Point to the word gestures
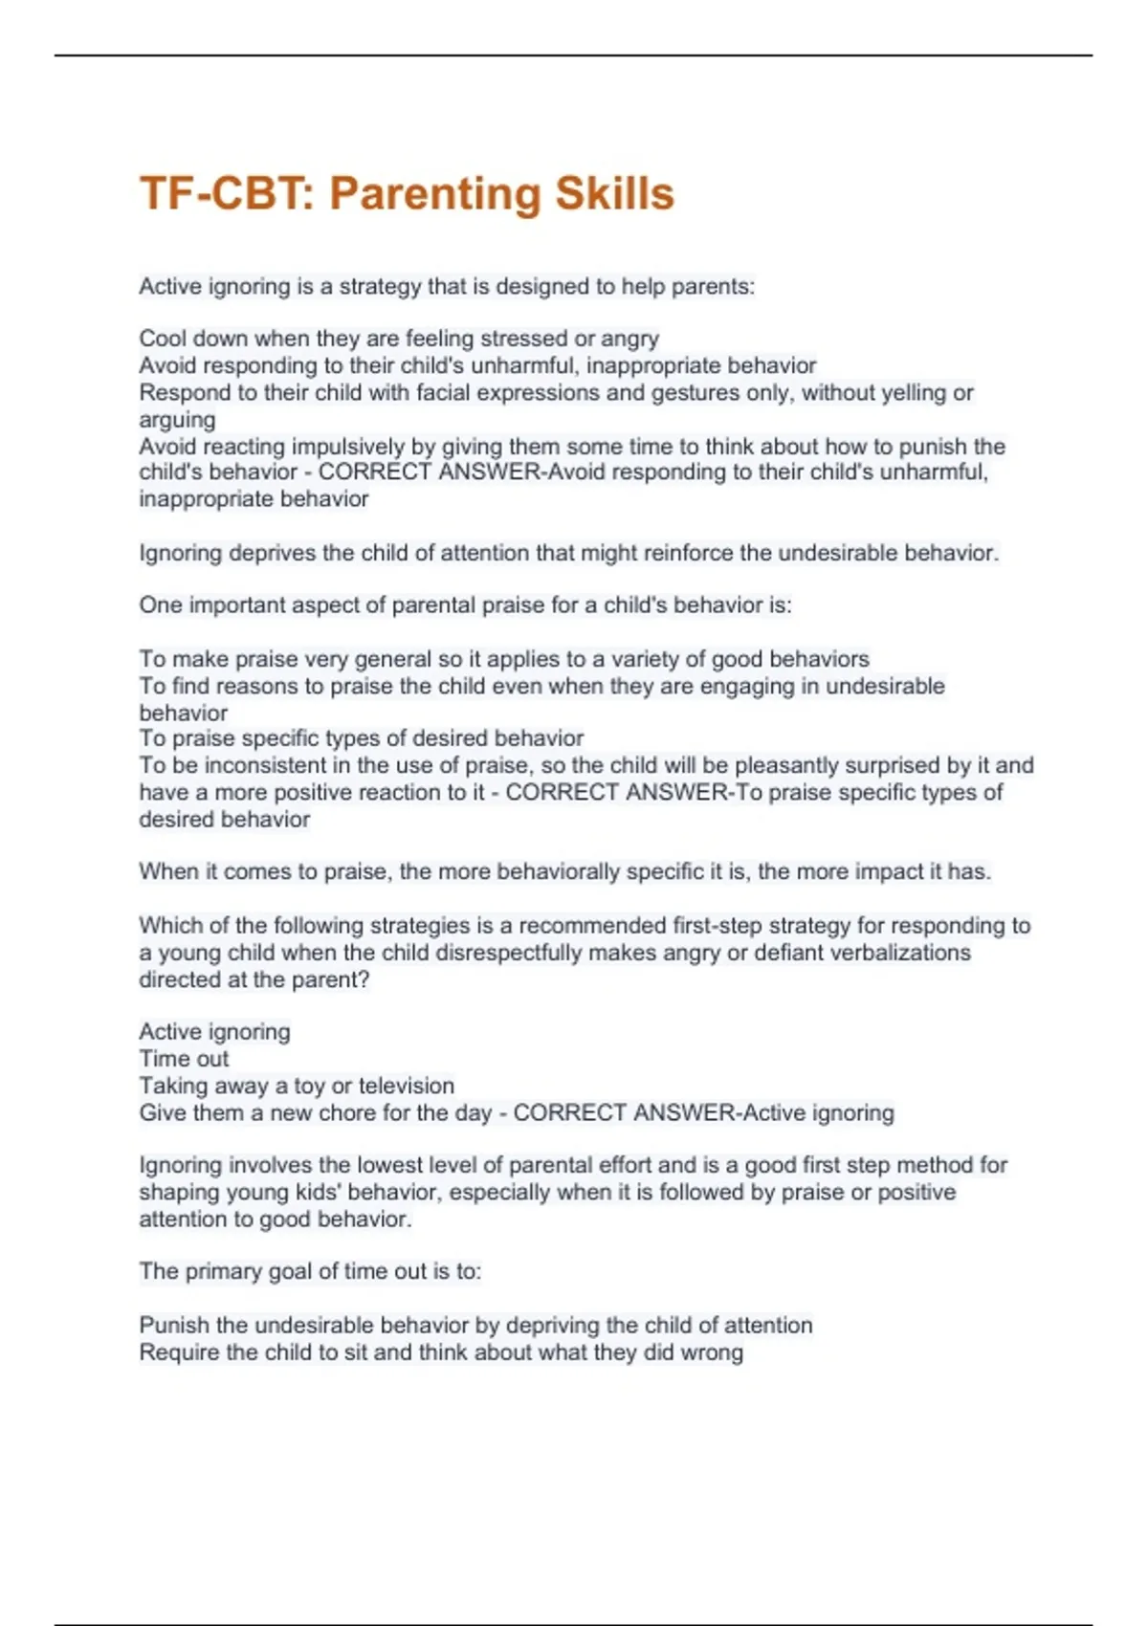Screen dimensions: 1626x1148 [x=695, y=392]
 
